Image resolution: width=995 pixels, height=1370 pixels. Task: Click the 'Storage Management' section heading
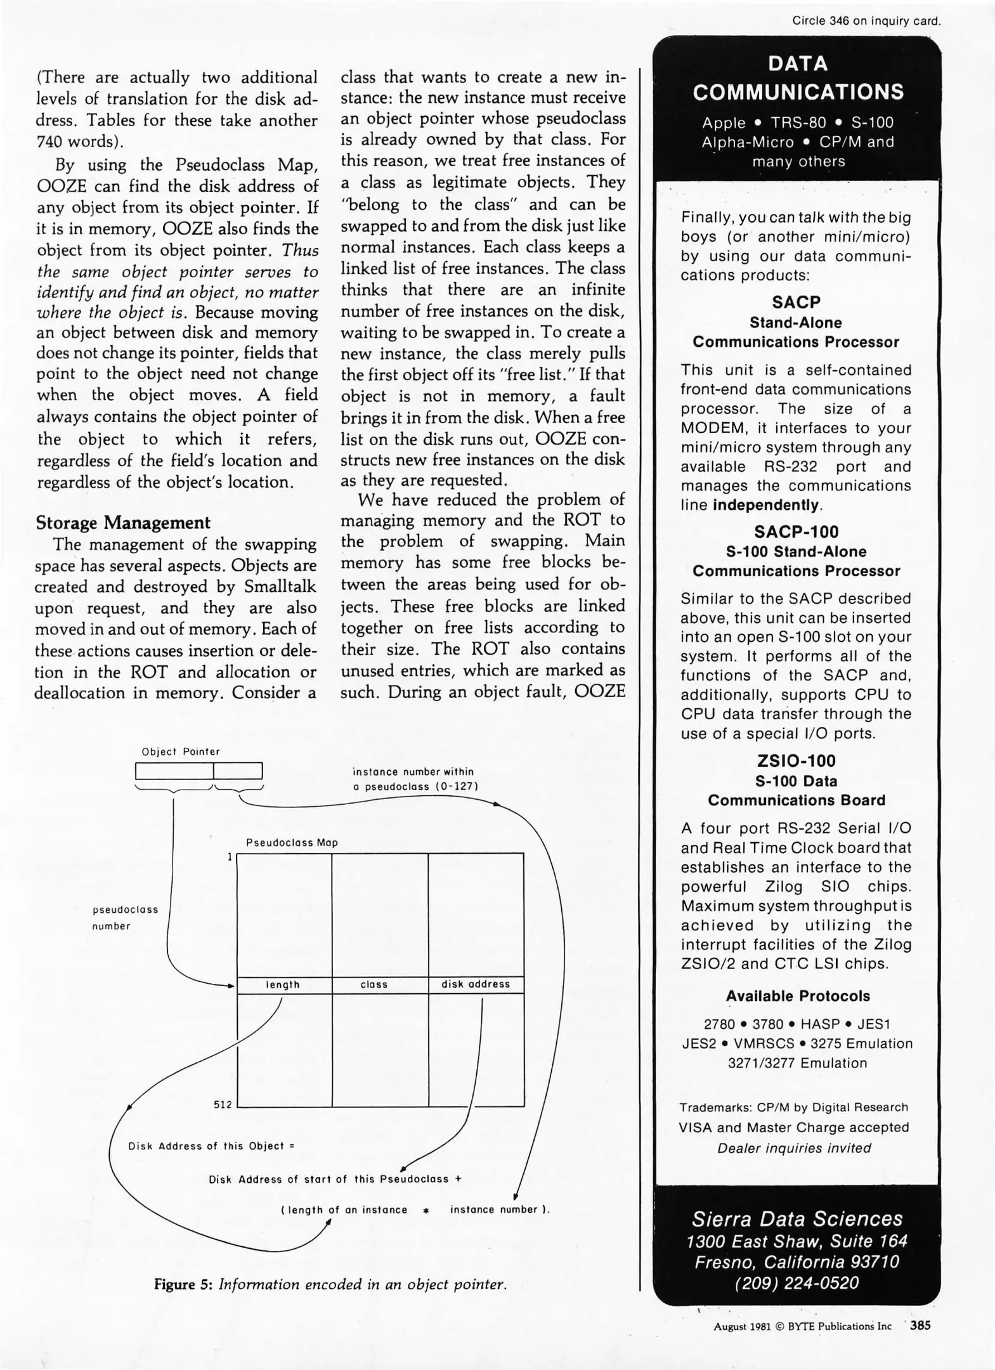122,523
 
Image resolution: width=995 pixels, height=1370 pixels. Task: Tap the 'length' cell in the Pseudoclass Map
283,984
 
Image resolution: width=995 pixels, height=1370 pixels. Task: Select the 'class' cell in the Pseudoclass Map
374,984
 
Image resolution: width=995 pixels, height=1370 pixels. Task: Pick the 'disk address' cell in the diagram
476,984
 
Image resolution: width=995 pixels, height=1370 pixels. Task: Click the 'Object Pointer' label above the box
181,752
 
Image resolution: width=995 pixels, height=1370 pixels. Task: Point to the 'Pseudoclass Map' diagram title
292,843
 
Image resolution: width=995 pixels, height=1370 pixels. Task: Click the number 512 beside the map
223,1104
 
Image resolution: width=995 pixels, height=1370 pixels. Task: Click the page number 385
920,1325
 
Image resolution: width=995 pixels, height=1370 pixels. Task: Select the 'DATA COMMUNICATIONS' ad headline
798,78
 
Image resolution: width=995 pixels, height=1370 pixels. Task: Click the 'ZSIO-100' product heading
797,760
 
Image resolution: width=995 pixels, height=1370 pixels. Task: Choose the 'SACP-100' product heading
797,532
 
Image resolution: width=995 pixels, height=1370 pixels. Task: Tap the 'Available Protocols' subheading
798,996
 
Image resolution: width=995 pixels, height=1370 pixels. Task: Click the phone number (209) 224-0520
797,1283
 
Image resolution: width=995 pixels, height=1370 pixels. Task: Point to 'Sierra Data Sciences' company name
797,1218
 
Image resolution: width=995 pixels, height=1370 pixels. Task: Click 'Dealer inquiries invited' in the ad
794,1148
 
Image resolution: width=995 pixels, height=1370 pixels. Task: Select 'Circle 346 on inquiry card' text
866,21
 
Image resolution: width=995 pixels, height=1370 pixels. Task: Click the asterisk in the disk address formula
426,1210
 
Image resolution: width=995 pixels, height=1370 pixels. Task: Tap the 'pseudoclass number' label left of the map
125,918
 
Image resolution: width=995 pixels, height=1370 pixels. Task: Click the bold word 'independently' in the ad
767,505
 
